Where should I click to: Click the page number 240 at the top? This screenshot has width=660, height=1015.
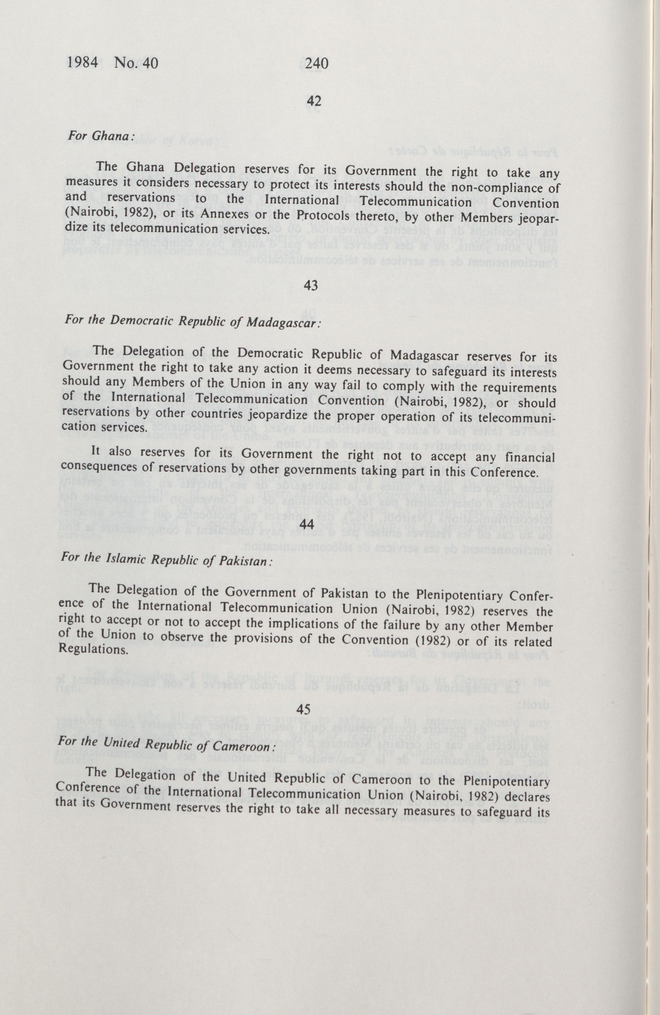[317, 64]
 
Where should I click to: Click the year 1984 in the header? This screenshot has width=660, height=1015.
[83, 63]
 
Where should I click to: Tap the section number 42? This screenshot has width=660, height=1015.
[314, 101]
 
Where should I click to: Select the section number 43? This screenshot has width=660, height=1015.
[311, 286]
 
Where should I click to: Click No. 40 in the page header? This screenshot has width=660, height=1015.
[136, 63]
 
